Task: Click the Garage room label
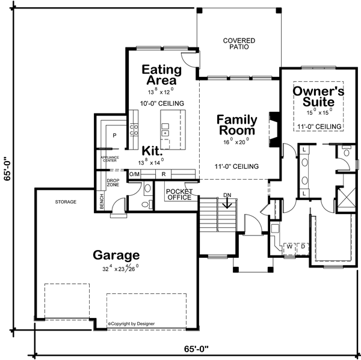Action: coord(116,255)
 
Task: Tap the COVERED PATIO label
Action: coord(239,44)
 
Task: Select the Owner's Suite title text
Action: coord(318,97)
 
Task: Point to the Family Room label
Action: coord(236,124)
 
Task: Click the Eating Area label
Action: coord(161,75)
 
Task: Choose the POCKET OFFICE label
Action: coord(179,194)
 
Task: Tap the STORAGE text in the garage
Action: coord(66,202)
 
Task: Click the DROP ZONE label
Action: coord(113,182)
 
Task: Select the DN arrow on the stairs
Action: coord(227,204)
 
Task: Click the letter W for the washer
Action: coord(289,246)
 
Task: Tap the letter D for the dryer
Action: coord(303,246)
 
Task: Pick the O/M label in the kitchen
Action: coord(134,174)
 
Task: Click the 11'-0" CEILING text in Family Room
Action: coord(236,166)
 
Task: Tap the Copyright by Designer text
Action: coord(131,324)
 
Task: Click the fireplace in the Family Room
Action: coord(274,127)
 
